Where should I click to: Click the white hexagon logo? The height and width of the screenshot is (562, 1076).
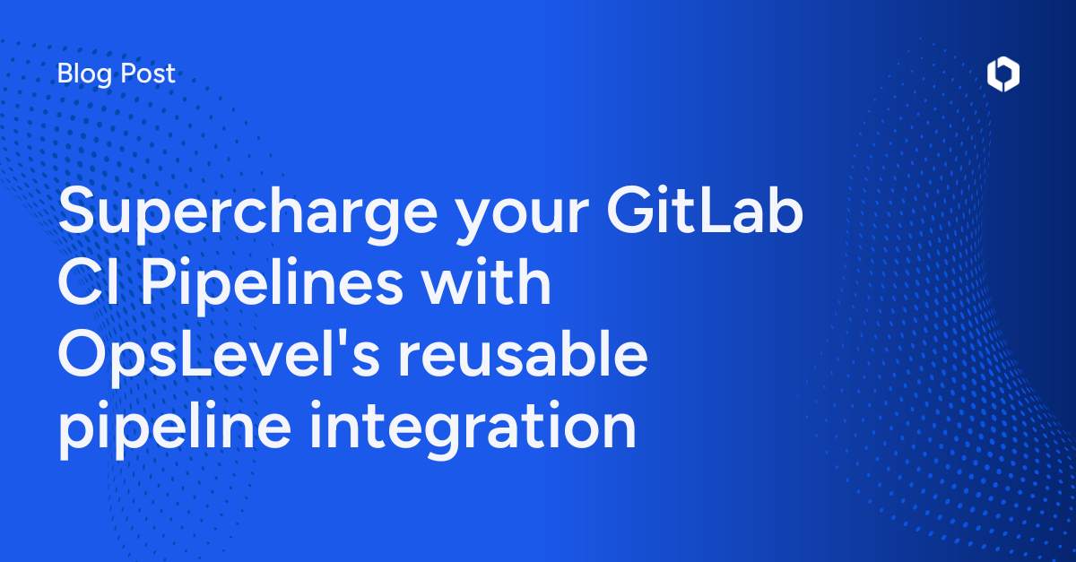1002,75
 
